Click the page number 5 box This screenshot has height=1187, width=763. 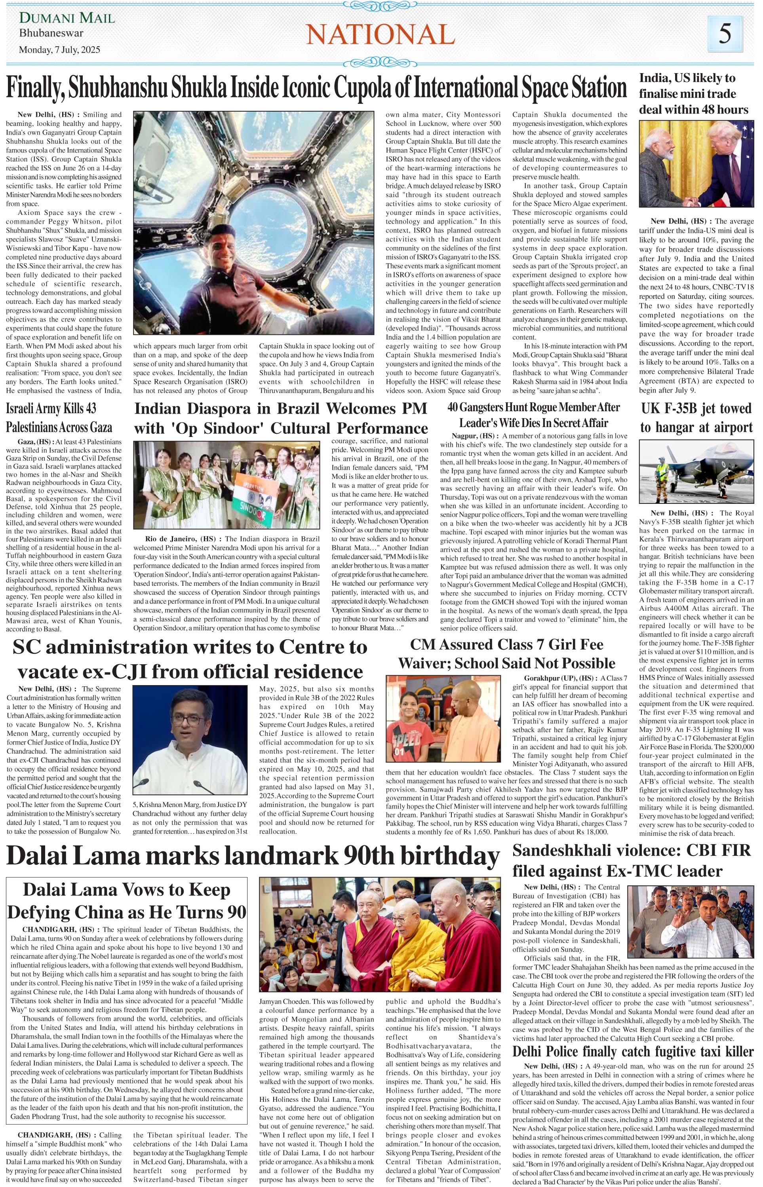pos(725,34)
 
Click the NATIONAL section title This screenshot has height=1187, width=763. pos(381,35)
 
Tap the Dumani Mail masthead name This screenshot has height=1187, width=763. pos(67,18)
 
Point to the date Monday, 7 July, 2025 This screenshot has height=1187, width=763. pos(59,49)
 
